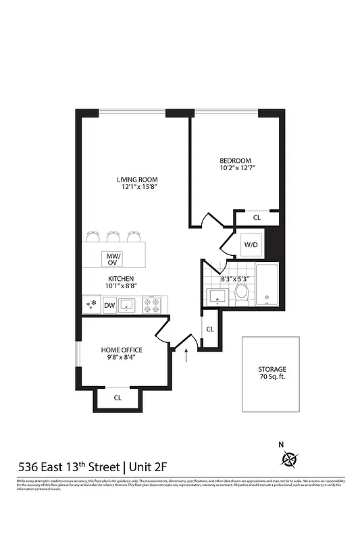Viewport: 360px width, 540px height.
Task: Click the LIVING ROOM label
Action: click(x=137, y=180)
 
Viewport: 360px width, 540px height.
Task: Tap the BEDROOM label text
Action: click(x=235, y=160)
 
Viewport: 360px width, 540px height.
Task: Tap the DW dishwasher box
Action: click(x=109, y=306)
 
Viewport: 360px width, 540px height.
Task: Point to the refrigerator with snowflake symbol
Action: click(x=91, y=306)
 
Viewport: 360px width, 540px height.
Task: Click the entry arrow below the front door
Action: click(x=187, y=356)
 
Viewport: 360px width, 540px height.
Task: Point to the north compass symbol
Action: click(x=290, y=458)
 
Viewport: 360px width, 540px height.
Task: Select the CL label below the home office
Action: click(x=118, y=398)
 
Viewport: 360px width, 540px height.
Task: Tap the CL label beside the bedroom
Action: click(x=257, y=218)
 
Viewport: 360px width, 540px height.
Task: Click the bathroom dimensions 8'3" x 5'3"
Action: click(x=235, y=278)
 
